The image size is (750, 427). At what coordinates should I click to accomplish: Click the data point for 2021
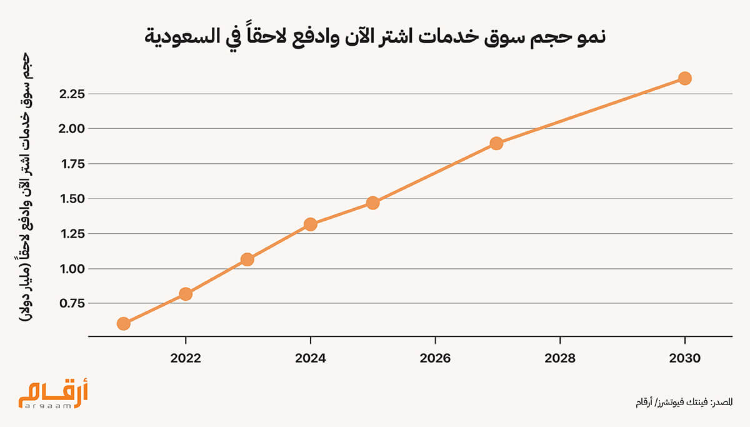click(x=123, y=323)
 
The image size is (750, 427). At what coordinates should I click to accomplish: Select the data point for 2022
click(x=186, y=294)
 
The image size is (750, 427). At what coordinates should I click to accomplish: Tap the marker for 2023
click(x=247, y=259)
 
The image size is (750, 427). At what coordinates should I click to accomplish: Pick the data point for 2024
click(x=310, y=224)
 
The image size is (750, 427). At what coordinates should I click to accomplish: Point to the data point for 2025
click(x=372, y=203)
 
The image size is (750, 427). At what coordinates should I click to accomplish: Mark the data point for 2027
click(x=497, y=143)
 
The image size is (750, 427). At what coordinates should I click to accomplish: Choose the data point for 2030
click(x=684, y=78)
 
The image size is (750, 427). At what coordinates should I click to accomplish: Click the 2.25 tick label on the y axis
click(x=72, y=94)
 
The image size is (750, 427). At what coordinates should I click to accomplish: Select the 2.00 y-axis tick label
click(x=72, y=129)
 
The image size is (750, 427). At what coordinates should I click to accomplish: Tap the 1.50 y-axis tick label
click(x=72, y=199)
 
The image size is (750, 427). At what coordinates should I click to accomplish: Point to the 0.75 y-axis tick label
click(x=72, y=303)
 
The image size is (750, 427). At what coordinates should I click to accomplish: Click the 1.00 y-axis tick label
click(x=72, y=269)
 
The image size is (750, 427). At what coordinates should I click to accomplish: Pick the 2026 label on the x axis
click(x=435, y=358)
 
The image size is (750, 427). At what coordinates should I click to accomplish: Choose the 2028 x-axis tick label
click(x=560, y=358)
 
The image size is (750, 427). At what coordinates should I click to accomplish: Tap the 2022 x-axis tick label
click(x=186, y=358)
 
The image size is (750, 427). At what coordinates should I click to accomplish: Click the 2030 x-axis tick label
click(x=684, y=358)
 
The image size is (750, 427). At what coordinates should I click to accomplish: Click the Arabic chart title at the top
click(x=375, y=38)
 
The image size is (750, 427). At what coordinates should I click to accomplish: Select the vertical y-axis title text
click(x=26, y=188)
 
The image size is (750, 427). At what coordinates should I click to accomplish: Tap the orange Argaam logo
click(x=53, y=396)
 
